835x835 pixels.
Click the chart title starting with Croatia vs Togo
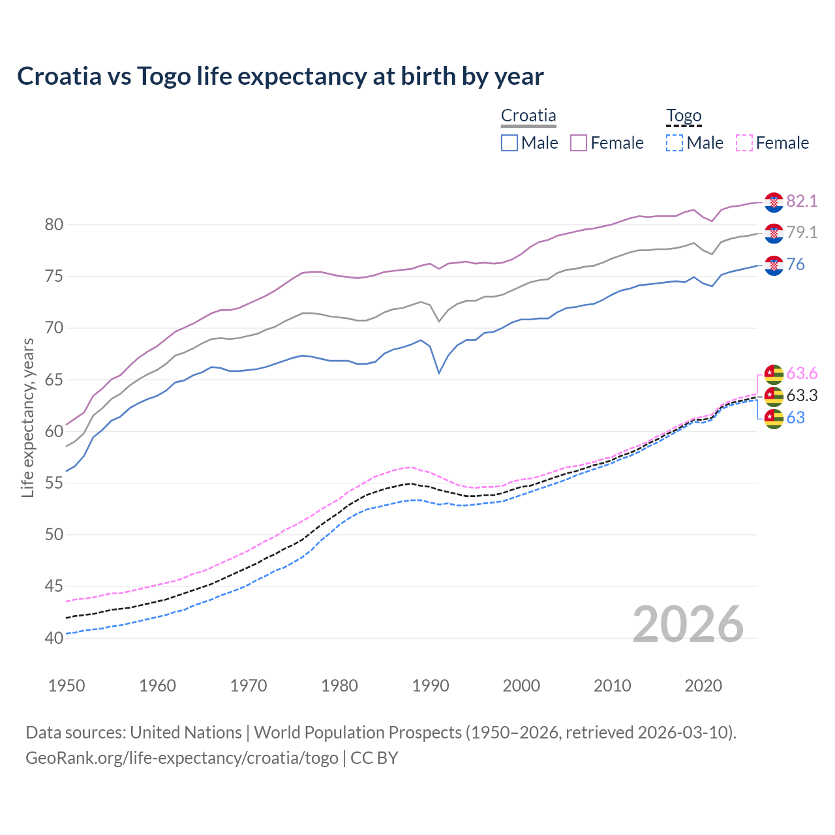[280, 76]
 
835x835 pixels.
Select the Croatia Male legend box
[509, 143]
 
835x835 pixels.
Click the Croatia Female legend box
[579, 143]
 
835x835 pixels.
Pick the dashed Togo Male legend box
[675, 143]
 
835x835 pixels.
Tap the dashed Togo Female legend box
[744, 143]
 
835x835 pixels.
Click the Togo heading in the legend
[684, 116]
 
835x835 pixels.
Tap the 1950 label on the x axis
[67, 686]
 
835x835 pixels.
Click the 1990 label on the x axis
[431, 686]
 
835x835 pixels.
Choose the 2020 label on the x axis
[703, 686]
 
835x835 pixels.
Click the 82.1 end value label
[802, 202]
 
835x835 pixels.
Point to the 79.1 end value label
[802, 233]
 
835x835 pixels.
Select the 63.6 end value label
[802, 374]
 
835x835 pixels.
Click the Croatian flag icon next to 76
[774, 265]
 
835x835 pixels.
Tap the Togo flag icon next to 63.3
[774, 396]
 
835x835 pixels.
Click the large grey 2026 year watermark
[688, 624]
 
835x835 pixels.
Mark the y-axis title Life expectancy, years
[27, 417]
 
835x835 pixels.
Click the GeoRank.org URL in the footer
[182, 758]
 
